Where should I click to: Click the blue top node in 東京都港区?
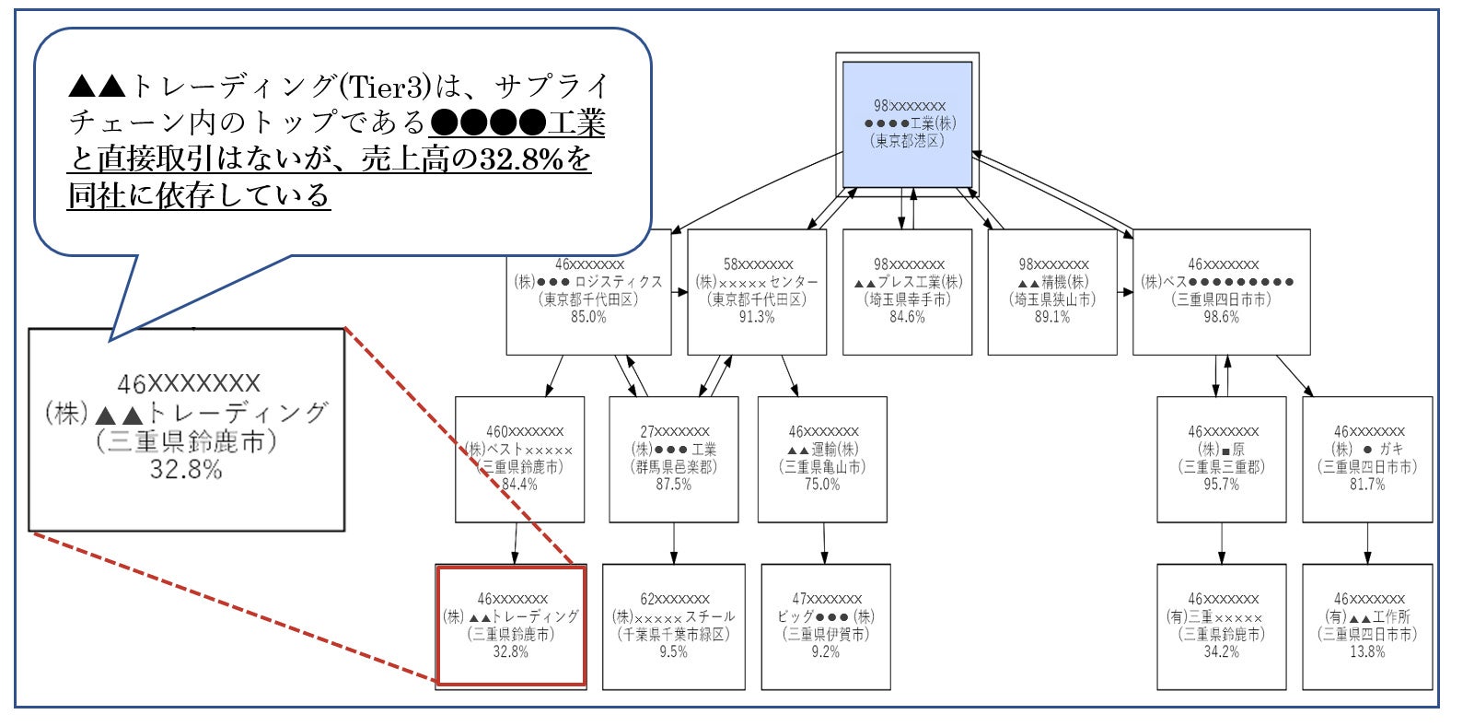(908, 124)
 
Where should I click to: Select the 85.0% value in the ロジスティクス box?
(588, 317)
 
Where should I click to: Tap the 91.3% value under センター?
(757, 317)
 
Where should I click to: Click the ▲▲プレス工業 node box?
(907, 291)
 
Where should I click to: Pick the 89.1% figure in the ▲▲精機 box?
(1052, 317)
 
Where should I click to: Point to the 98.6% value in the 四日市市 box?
(1221, 317)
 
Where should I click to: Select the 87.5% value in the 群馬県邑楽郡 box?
(673, 485)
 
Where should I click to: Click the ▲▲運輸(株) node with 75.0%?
(822, 459)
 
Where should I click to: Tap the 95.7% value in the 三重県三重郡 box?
(1221, 485)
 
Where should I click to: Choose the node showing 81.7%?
(1367, 459)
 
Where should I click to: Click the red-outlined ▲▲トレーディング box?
(511, 626)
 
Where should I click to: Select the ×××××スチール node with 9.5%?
(673, 626)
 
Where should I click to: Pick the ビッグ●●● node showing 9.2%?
(825, 626)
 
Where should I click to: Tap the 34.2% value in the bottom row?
(1221, 652)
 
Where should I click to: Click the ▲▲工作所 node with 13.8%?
(1367, 626)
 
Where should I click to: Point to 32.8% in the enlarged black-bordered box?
(186, 470)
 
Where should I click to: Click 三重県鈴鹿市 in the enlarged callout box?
(186, 441)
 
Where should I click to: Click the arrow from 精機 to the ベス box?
(1125, 292)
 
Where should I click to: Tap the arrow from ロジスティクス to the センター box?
(679, 292)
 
